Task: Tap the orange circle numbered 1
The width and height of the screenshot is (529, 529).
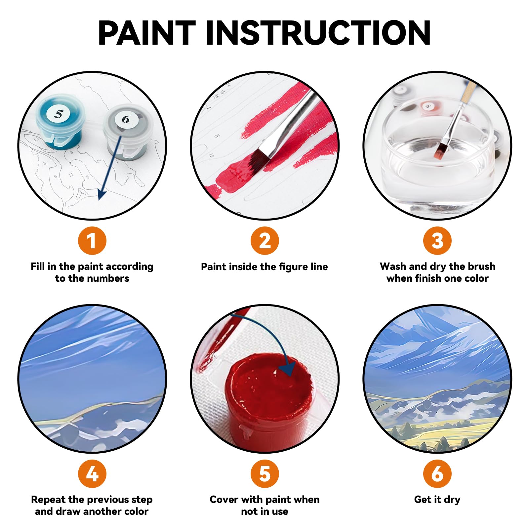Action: [92, 240]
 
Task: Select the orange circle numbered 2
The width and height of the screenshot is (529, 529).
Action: [264, 240]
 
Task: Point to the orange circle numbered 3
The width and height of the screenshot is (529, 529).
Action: [437, 240]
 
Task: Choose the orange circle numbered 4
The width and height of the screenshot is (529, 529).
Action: [92, 473]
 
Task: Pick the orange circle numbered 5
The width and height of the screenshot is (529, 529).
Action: [264, 473]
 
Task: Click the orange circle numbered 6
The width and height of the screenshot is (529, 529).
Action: [437, 473]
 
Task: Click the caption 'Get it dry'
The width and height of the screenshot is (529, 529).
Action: [437, 499]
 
